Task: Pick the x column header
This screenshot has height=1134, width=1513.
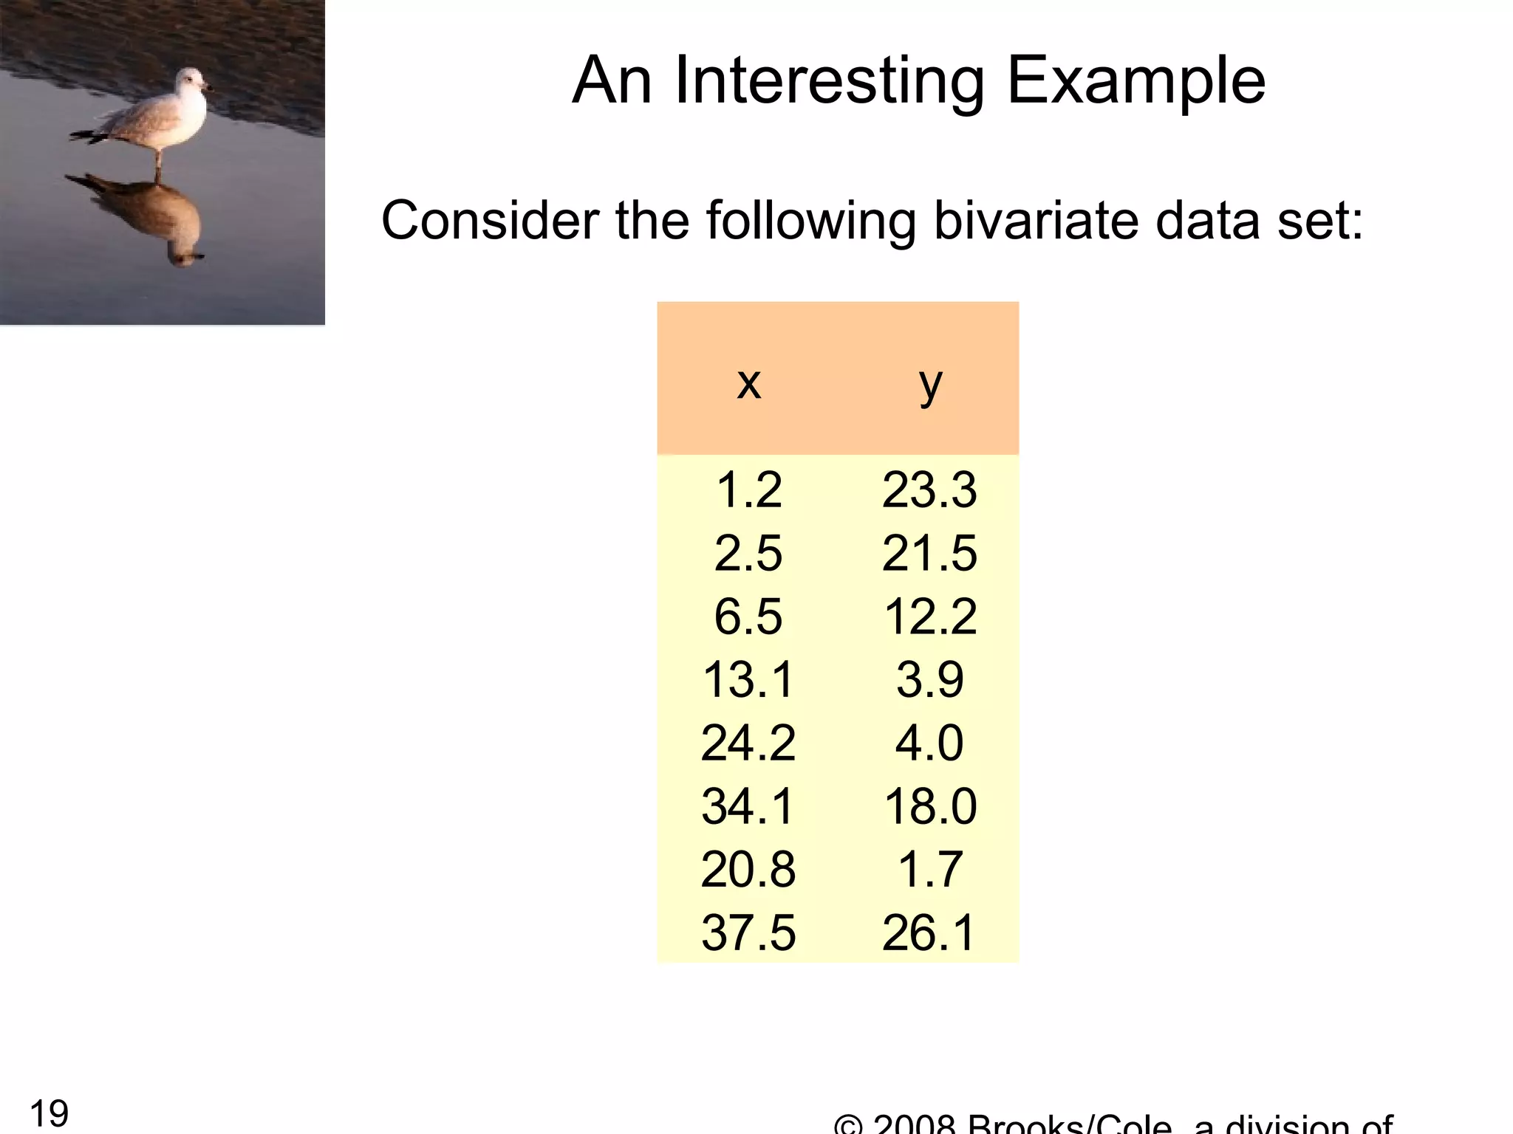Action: coord(748,382)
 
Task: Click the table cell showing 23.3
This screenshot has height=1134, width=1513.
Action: coord(929,489)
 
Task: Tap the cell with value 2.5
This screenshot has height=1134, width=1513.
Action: coord(748,553)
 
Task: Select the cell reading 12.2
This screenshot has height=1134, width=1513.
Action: coord(930,616)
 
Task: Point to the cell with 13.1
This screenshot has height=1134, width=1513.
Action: coord(748,679)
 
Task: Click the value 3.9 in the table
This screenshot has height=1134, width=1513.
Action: coord(929,679)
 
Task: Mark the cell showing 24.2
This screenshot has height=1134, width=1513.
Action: coord(748,743)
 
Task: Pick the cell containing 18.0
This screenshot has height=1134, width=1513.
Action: coord(930,806)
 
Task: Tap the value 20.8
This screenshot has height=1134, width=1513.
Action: coord(748,869)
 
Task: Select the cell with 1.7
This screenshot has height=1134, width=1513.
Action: coord(929,869)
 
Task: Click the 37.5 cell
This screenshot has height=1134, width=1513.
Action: coord(748,932)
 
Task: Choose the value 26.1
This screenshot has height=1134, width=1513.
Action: coord(929,932)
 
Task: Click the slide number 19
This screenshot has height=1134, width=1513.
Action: coord(49,1113)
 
